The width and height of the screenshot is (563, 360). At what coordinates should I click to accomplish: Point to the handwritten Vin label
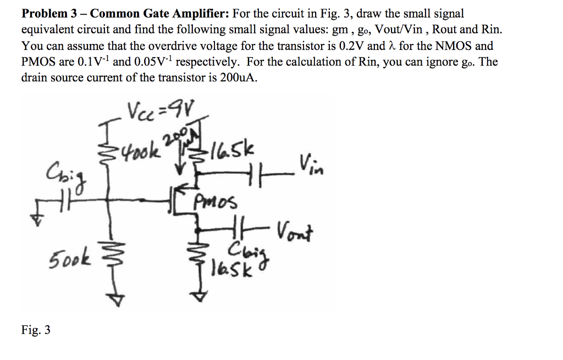click(x=310, y=164)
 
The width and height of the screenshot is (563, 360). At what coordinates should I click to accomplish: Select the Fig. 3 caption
click(x=36, y=330)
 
